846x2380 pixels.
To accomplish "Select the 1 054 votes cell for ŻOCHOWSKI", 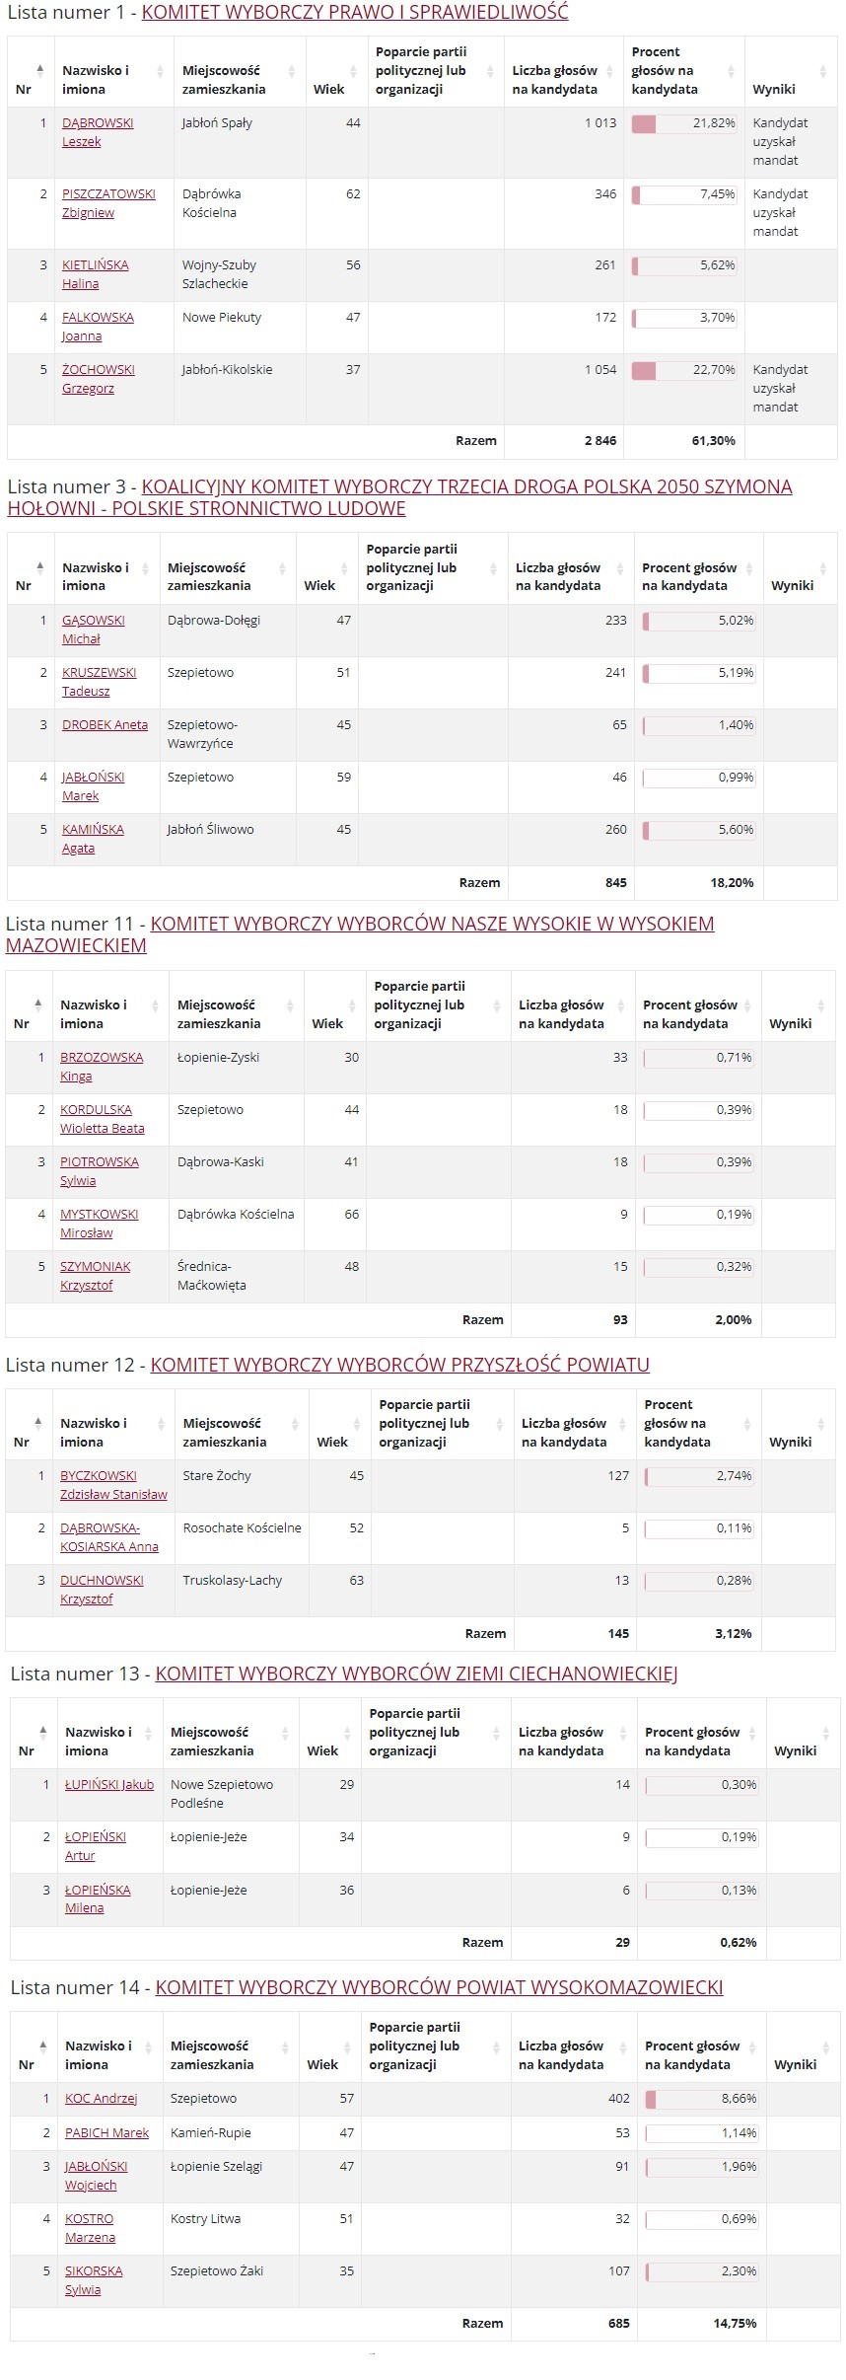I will tap(599, 370).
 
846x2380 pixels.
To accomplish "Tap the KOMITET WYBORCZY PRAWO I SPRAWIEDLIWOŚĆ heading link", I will tap(355, 13).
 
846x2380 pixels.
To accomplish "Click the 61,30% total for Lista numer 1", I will tap(713, 441).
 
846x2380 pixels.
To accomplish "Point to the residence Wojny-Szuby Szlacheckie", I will tap(219, 274).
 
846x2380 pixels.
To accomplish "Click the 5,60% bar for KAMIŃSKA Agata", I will tap(698, 830).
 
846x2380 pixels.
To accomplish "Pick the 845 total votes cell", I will tap(615, 883).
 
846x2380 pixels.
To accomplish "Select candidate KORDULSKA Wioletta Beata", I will tap(102, 1119).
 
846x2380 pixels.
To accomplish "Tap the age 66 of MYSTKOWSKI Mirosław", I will tap(351, 1215).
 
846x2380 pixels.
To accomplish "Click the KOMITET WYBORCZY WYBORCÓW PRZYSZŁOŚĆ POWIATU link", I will tap(399, 1365).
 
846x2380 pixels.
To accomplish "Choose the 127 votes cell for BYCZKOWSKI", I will tap(618, 1476).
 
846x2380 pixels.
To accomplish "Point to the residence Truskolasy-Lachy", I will tap(232, 1581).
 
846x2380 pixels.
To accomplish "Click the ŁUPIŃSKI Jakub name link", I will tap(108, 1785).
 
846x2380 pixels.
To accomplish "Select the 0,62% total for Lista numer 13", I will tap(738, 1943).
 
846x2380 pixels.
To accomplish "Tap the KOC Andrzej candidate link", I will tap(101, 2099).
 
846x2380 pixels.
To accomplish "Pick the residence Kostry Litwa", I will tap(205, 2219).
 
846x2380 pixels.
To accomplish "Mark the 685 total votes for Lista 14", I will tap(618, 2324).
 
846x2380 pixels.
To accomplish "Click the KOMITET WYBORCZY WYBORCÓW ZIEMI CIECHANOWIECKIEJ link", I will tap(416, 1673).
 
